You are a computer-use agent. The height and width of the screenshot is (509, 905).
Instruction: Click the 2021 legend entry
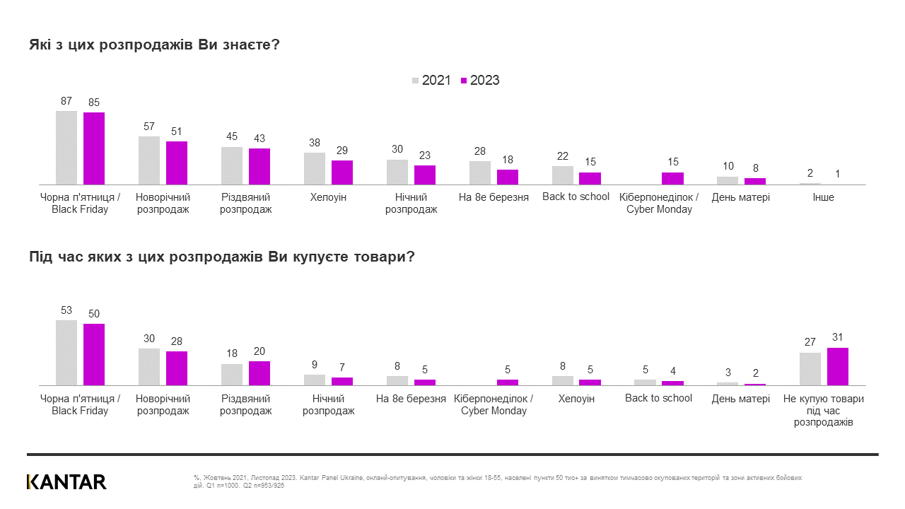(431, 81)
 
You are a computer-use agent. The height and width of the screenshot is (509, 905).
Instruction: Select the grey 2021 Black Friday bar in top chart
(66, 147)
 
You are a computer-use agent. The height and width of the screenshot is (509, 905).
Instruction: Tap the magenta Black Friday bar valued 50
(94, 354)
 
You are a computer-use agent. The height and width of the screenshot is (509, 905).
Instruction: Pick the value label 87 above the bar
(66, 101)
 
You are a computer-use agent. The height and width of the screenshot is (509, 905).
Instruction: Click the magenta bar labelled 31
(837, 366)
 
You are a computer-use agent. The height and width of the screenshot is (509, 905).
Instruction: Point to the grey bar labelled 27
(810, 368)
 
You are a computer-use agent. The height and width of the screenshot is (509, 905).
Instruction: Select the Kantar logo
(66, 482)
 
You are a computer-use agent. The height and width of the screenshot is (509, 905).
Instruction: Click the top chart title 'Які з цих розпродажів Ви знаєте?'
(155, 45)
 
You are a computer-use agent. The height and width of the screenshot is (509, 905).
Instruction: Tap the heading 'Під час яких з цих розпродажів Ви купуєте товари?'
(221, 257)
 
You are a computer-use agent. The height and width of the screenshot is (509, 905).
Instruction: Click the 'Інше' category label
(823, 197)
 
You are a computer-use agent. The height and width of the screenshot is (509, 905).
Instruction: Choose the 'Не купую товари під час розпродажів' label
(824, 410)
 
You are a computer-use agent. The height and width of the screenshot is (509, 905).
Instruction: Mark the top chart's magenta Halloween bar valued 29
(342, 172)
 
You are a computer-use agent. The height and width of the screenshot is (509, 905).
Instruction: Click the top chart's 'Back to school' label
(576, 197)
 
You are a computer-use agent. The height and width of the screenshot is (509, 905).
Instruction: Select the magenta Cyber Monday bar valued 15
(672, 178)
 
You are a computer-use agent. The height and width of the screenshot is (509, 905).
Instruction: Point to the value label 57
(149, 126)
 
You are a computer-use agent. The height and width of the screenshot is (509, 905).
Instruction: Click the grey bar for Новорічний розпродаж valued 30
(149, 366)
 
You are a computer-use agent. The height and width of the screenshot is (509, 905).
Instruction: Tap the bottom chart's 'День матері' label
(741, 399)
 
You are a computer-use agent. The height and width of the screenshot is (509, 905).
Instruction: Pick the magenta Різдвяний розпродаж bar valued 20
(259, 373)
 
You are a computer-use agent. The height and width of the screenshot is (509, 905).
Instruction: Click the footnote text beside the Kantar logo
(495, 482)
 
